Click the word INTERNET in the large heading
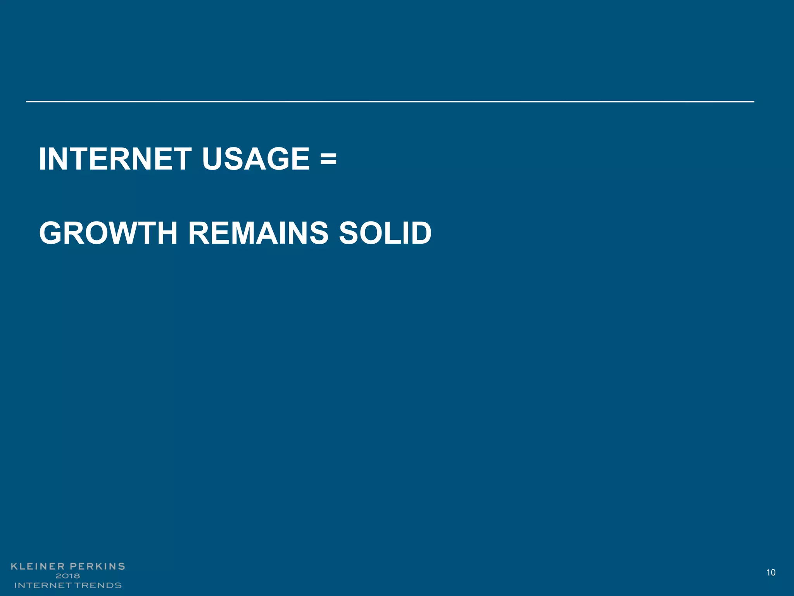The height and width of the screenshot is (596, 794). click(x=115, y=159)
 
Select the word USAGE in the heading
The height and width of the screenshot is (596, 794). click(x=256, y=159)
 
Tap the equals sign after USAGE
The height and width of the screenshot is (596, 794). click(x=328, y=159)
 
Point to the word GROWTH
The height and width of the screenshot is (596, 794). click(x=108, y=233)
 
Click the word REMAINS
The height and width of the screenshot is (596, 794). click(x=258, y=233)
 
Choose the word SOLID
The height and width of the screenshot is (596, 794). click(x=385, y=233)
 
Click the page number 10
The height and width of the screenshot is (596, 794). click(x=771, y=572)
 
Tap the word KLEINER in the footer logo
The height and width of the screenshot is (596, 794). click(x=38, y=567)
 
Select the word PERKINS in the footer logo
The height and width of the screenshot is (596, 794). click(x=97, y=567)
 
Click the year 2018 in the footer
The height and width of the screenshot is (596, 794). click(x=68, y=576)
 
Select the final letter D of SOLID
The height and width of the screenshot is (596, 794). click(x=420, y=233)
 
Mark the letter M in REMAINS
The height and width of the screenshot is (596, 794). click(x=251, y=233)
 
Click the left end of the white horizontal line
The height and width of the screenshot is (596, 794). click(x=27, y=102)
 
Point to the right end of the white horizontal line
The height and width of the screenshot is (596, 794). click(x=753, y=102)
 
